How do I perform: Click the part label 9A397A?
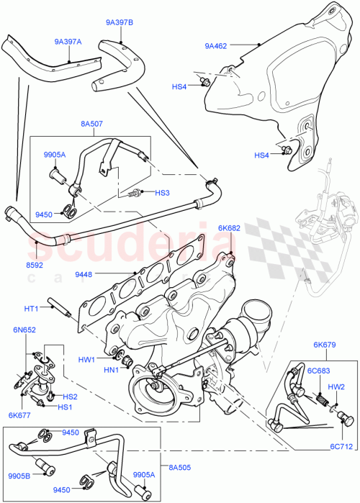(68, 42)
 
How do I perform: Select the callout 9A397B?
(119, 23)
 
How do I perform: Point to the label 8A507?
(91, 124)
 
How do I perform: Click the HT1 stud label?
(31, 309)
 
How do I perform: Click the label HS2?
(71, 396)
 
